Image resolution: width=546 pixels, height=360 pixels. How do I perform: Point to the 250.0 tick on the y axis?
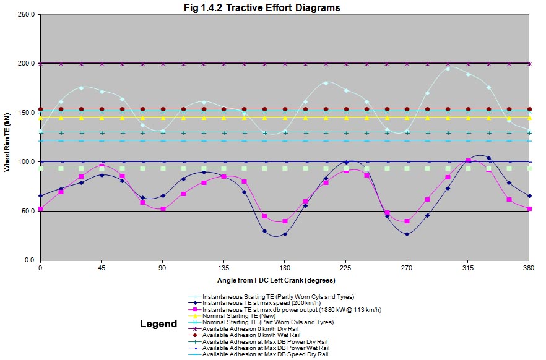tap(25, 14)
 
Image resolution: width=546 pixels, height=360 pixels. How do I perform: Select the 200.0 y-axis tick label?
tap(25, 64)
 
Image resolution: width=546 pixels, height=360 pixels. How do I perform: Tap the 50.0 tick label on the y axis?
tap(27, 211)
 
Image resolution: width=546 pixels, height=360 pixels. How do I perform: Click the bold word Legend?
tap(158, 324)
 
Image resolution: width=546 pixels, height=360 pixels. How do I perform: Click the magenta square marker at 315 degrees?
tap(468, 161)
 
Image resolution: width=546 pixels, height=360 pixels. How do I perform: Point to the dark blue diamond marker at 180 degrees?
tap(285, 234)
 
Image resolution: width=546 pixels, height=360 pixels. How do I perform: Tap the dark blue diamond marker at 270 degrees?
tap(407, 234)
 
